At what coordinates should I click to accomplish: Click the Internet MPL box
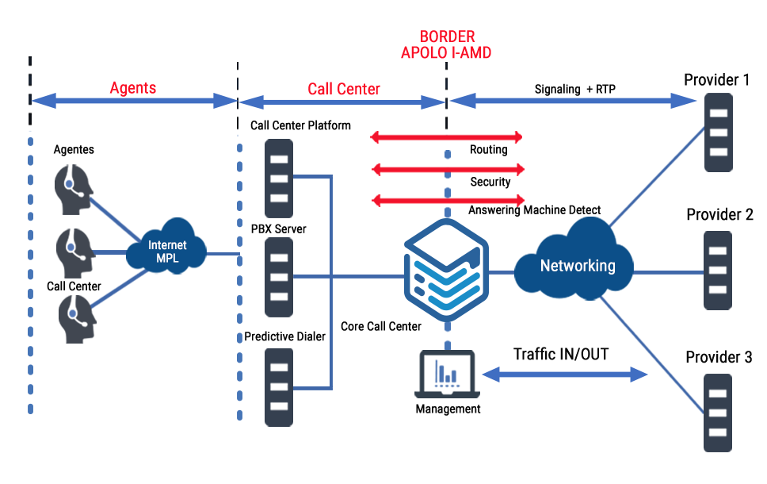pos(166,246)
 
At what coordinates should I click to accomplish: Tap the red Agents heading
pos(133,87)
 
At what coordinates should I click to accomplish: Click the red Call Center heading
pos(344,89)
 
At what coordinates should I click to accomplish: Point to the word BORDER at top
pos(447,37)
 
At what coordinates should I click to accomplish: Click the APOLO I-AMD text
pos(447,53)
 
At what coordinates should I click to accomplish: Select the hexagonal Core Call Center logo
pos(446,270)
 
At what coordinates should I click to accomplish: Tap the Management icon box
pos(447,374)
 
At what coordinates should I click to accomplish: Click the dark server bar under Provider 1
pos(718,132)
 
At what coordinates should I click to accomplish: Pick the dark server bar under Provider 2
pos(718,270)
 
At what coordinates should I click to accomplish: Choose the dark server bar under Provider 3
pos(718,413)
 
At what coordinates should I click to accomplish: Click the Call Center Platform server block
pos(279,178)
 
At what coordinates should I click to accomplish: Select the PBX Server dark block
pos(279,276)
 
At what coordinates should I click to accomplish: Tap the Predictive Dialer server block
pos(279,387)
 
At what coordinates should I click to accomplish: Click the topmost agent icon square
pos(74,189)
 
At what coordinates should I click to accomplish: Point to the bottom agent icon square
pos(78,319)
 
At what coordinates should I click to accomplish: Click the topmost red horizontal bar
pos(446,137)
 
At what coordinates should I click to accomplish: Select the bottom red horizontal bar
pos(446,200)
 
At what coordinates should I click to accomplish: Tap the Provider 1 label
pos(717,79)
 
